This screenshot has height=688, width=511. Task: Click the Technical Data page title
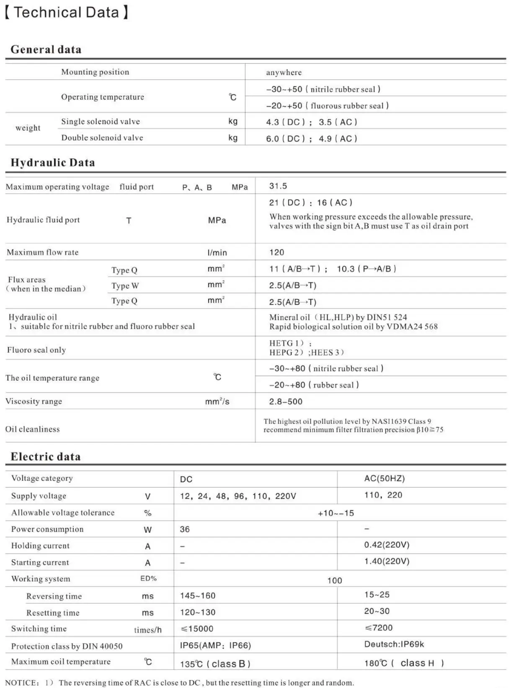click(67, 12)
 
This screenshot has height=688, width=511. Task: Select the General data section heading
click(46, 49)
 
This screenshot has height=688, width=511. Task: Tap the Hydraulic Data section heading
click(53, 163)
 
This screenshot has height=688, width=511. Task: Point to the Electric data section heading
click(46, 457)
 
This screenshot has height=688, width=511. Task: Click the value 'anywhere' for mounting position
click(284, 73)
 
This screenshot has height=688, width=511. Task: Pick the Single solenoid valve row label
click(101, 122)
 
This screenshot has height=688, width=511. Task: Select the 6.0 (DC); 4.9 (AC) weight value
click(311, 139)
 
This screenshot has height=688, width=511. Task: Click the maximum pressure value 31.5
click(278, 186)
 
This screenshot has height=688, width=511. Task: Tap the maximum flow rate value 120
click(276, 252)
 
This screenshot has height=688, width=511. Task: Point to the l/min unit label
click(217, 253)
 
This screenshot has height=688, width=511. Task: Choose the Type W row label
click(125, 286)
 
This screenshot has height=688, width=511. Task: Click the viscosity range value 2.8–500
click(286, 402)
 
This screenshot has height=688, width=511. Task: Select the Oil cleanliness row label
click(32, 429)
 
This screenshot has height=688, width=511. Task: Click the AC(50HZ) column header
click(384, 479)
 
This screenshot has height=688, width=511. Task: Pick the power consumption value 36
click(185, 530)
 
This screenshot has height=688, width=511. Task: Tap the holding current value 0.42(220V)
click(387, 545)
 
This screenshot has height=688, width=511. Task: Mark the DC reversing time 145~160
click(198, 596)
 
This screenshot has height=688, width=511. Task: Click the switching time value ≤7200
click(379, 628)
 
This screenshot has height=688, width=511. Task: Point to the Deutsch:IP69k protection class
click(394, 644)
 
